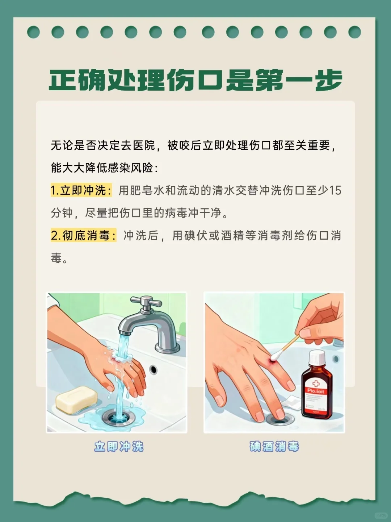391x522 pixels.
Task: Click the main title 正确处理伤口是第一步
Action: coord(195,80)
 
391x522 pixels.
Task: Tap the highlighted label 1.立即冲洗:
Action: coord(81,190)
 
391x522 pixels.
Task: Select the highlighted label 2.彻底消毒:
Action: coord(83,236)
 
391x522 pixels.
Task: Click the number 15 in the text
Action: coord(335,190)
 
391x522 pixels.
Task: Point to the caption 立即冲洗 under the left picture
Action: coord(119,447)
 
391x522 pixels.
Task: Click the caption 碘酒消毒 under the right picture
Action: coord(274,447)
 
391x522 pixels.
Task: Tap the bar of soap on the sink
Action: coord(76,399)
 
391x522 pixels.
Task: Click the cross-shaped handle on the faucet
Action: coord(146,302)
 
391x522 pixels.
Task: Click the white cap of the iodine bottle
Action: coord(317,358)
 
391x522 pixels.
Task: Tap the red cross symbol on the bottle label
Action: coord(316,383)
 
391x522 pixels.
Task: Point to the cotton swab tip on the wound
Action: coord(274,357)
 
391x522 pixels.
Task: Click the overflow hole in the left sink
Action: coord(154,369)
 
